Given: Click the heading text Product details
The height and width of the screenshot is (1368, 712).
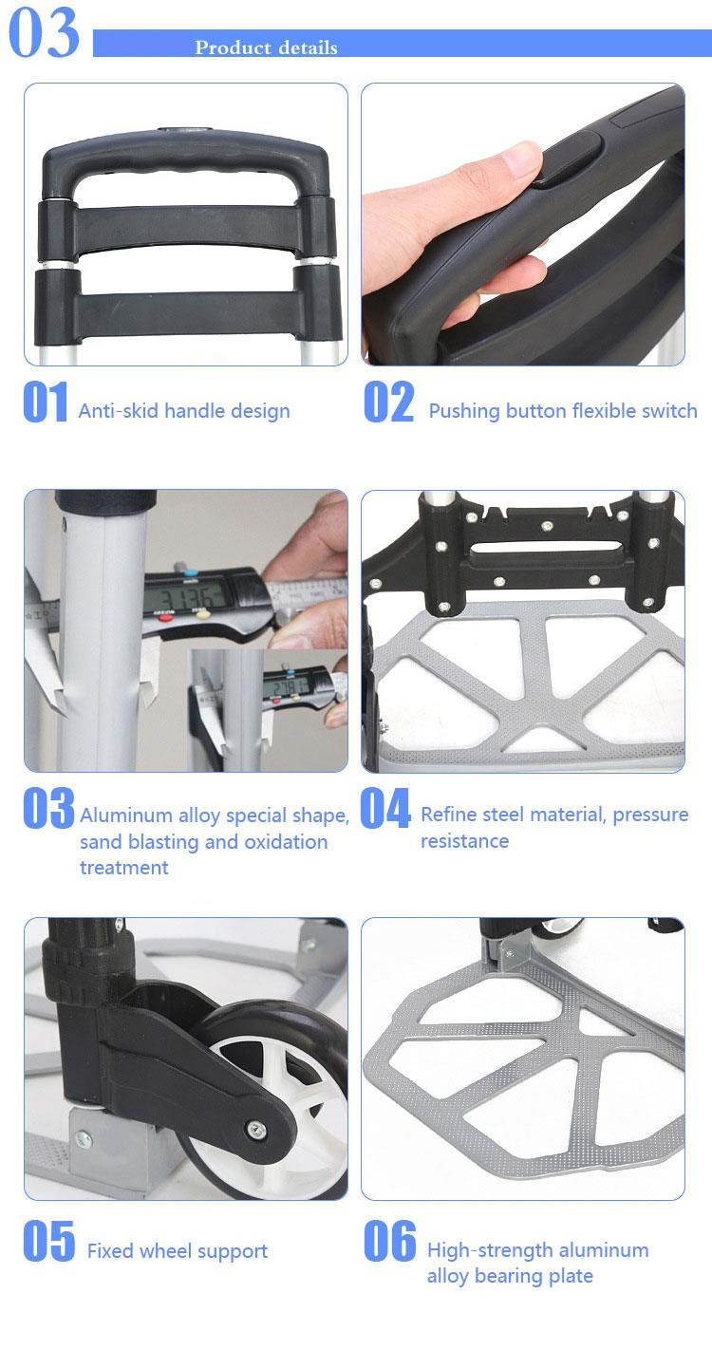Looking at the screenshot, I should pos(266,47).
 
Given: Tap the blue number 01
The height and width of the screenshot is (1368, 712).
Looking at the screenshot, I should pos(45,403).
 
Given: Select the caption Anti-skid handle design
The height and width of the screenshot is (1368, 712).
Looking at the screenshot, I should pos(184,411).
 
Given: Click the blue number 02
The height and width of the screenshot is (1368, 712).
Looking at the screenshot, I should pos(389,403).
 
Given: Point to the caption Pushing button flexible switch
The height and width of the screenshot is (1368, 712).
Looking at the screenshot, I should pos(563,411).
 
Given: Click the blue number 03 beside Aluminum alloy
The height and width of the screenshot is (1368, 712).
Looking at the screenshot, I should pos(47,809).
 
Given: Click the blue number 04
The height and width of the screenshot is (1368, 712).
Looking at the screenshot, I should pos(385,809).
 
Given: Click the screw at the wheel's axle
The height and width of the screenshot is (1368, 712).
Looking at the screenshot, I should pos(256,1129).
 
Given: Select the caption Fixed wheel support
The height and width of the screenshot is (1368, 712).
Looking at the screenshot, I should pos(178,1251).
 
